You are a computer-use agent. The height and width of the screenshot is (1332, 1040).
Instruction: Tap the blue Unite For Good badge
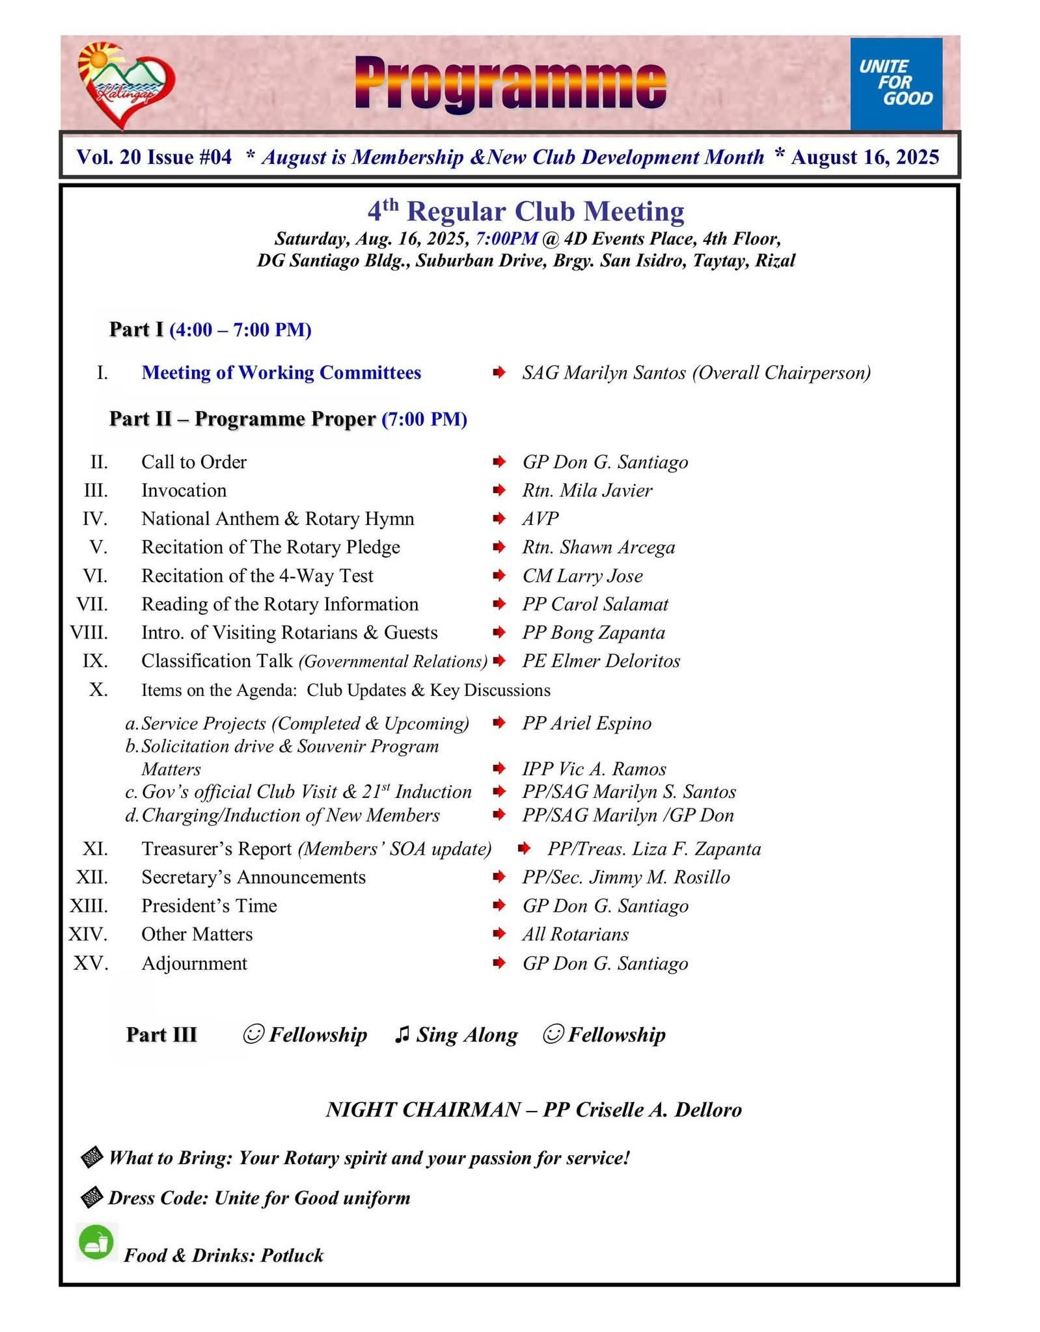pyautogui.click(x=896, y=83)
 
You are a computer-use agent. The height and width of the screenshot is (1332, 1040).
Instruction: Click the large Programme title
pyautogui.click(x=511, y=83)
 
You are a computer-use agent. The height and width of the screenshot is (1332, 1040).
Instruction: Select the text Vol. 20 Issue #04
pyautogui.click(x=154, y=157)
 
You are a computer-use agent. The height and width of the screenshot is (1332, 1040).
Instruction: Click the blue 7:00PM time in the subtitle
pyautogui.click(x=507, y=239)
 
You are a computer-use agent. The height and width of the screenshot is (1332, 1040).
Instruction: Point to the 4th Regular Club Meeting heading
pyautogui.click(x=526, y=211)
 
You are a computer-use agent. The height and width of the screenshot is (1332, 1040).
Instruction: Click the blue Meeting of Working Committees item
pyautogui.click(x=281, y=373)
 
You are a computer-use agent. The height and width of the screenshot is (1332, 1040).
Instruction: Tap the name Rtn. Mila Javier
pyautogui.click(x=586, y=490)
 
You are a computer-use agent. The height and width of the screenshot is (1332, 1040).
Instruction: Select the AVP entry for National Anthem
pyautogui.click(x=540, y=518)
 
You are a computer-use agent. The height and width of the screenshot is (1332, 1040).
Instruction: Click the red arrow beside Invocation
pyautogui.click(x=499, y=490)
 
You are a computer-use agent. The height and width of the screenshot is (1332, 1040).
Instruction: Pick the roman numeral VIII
pyautogui.click(x=89, y=633)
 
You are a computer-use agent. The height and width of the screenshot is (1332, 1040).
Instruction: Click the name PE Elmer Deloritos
pyautogui.click(x=601, y=661)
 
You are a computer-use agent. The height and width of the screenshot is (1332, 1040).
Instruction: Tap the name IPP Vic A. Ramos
pyautogui.click(x=594, y=769)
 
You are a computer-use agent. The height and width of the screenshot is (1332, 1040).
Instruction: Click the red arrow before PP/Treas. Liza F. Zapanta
pyautogui.click(x=524, y=849)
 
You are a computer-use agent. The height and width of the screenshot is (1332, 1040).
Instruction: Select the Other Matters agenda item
pyautogui.click(x=197, y=935)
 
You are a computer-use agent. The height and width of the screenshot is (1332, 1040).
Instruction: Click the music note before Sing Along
pyautogui.click(x=402, y=1035)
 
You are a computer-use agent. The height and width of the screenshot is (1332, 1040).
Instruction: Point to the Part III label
pyautogui.click(x=161, y=1035)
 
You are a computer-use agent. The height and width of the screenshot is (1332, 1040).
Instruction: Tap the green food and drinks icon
pyautogui.click(x=96, y=1242)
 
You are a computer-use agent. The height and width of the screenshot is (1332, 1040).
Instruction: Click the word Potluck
pyautogui.click(x=292, y=1255)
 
